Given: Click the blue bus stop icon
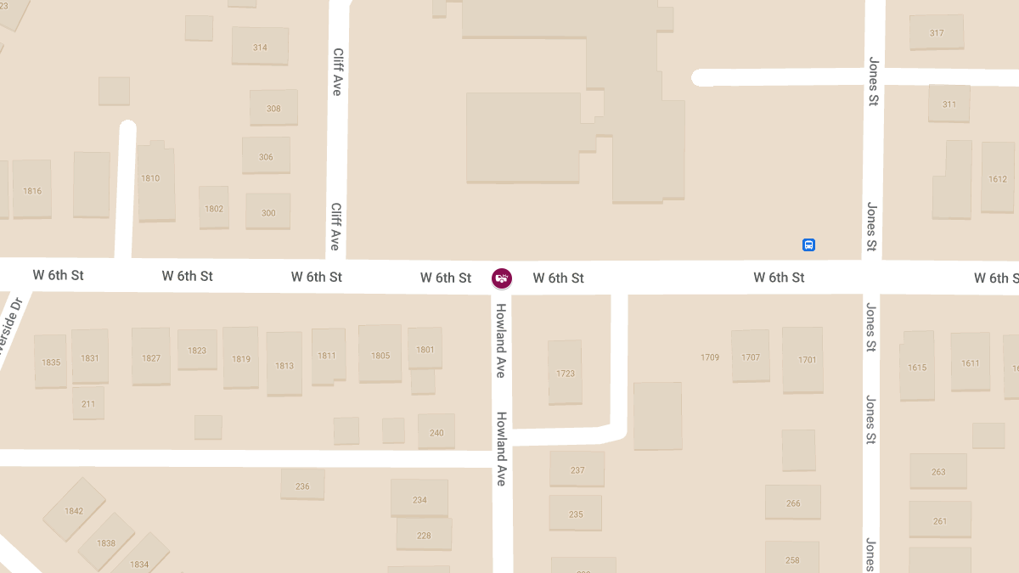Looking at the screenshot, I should (808, 245).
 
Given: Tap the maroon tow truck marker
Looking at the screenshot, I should (502, 278).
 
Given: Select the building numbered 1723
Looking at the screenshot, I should (565, 373).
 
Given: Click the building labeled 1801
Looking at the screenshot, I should (425, 349).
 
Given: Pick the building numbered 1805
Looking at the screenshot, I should (380, 354).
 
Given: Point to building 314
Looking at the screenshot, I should (260, 47).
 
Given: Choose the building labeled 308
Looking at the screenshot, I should (273, 108).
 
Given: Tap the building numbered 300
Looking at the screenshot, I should (268, 211).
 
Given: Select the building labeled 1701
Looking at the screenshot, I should (802, 359).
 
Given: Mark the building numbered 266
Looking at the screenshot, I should (792, 503).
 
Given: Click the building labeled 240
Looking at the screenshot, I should (436, 432).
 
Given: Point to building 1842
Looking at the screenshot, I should (74, 509).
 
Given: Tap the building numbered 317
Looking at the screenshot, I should (936, 33).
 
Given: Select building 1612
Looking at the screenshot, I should (998, 177).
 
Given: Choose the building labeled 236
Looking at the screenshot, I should (302, 486).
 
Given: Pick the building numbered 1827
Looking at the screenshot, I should (151, 357).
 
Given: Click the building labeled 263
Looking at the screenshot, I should (937, 471).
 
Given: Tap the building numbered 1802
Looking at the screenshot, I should (214, 208).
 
